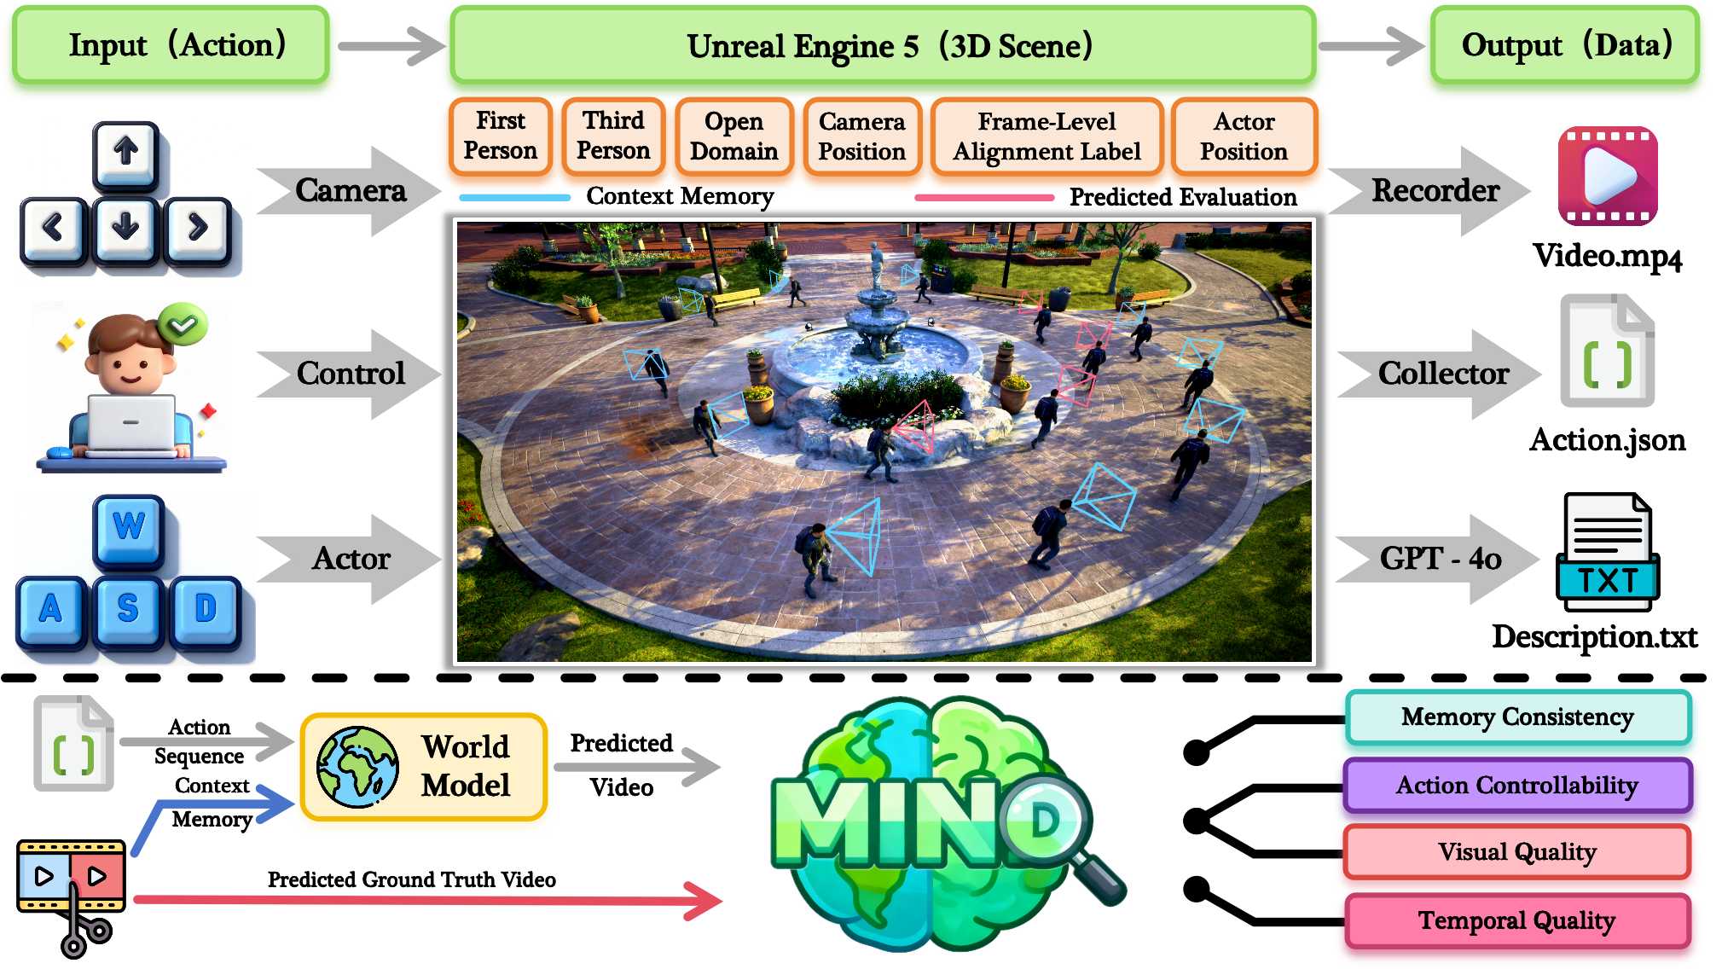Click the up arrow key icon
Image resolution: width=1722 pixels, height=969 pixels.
pos(126,154)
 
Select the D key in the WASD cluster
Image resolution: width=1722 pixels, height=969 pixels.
pos(206,610)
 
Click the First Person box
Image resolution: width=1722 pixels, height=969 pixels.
pos(501,136)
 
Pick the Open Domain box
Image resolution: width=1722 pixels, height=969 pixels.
pos(733,136)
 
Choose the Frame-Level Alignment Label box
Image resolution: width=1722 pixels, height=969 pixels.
pos(1047,136)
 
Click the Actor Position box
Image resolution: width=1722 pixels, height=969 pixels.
pos(1244,136)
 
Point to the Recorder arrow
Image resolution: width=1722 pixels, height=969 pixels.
pos(1433,191)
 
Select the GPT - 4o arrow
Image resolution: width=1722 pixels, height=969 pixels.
pos(1438,559)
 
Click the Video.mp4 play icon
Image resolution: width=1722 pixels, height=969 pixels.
pos(1608,176)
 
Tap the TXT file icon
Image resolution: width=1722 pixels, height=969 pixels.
pos(1608,552)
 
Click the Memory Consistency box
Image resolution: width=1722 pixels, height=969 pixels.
pos(1517,717)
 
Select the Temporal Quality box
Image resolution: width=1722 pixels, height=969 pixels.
pos(1517,920)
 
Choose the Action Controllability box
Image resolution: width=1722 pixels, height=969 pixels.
pos(1517,785)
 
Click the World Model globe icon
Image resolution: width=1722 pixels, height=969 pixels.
pos(357,767)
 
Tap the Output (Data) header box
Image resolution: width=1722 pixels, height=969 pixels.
pos(1565,45)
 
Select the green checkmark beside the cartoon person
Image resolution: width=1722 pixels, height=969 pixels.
pos(183,324)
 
